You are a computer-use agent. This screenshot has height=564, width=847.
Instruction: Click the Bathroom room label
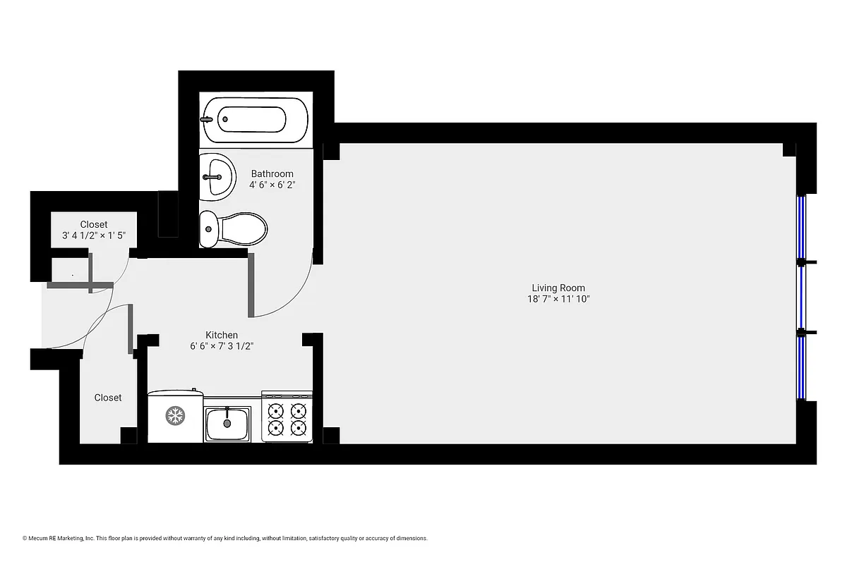272,173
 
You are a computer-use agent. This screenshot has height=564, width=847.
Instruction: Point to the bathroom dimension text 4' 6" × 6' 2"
271,185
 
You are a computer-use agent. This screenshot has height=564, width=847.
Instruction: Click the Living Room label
558,288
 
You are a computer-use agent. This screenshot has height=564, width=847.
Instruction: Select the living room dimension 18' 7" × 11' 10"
558,299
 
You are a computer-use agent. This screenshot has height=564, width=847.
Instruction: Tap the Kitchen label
222,335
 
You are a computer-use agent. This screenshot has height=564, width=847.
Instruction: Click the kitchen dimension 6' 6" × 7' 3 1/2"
222,346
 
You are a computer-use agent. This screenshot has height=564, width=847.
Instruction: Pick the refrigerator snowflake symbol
174,416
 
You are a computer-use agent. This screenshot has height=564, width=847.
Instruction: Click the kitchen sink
227,423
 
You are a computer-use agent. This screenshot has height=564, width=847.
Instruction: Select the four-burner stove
287,418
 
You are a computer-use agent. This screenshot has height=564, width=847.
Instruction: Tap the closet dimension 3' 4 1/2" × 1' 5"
94,236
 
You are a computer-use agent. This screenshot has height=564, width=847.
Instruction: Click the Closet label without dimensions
108,398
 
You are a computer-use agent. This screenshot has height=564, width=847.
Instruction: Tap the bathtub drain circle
225,119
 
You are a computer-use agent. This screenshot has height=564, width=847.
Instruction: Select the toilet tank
208,228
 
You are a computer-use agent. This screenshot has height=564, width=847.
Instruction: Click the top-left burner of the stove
277,410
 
